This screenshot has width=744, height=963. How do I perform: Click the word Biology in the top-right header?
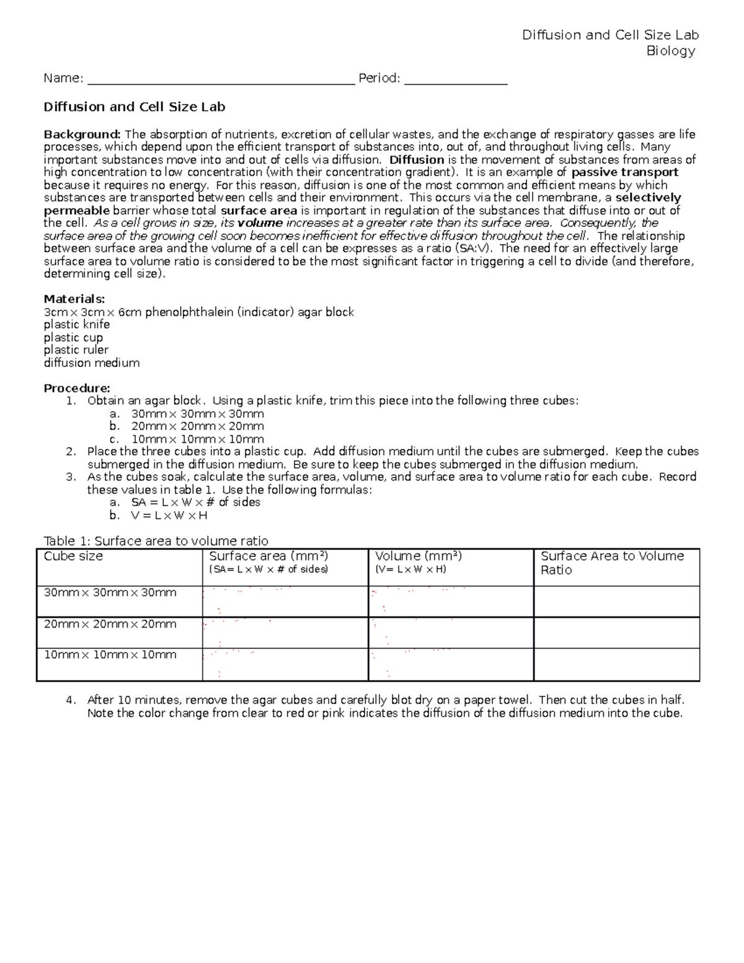click(670, 51)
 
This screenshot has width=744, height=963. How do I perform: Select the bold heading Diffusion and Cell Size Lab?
click(134, 107)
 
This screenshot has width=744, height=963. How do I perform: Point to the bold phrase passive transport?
click(624, 172)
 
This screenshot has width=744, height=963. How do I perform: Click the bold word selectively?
click(648, 198)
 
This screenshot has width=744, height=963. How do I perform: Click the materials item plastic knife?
click(76, 325)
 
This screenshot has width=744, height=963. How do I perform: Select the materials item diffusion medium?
click(91, 363)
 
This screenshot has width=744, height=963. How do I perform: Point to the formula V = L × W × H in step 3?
click(169, 515)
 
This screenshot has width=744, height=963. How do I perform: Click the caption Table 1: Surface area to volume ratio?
click(156, 541)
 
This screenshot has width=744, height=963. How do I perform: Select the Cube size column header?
click(73, 556)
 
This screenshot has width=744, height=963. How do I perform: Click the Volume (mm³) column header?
click(418, 556)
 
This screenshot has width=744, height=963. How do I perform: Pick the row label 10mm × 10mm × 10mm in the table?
click(110, 655)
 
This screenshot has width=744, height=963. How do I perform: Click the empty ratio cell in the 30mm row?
click(616, 601)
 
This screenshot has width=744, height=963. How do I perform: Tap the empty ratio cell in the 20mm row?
click(616, 632)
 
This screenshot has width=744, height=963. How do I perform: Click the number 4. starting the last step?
click(71, 700)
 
